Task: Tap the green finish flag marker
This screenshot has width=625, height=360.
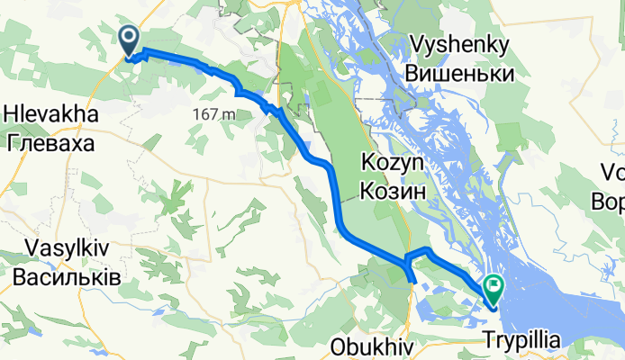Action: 494,289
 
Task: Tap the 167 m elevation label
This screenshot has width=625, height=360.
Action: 213,114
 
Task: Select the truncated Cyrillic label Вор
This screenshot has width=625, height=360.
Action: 609,199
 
